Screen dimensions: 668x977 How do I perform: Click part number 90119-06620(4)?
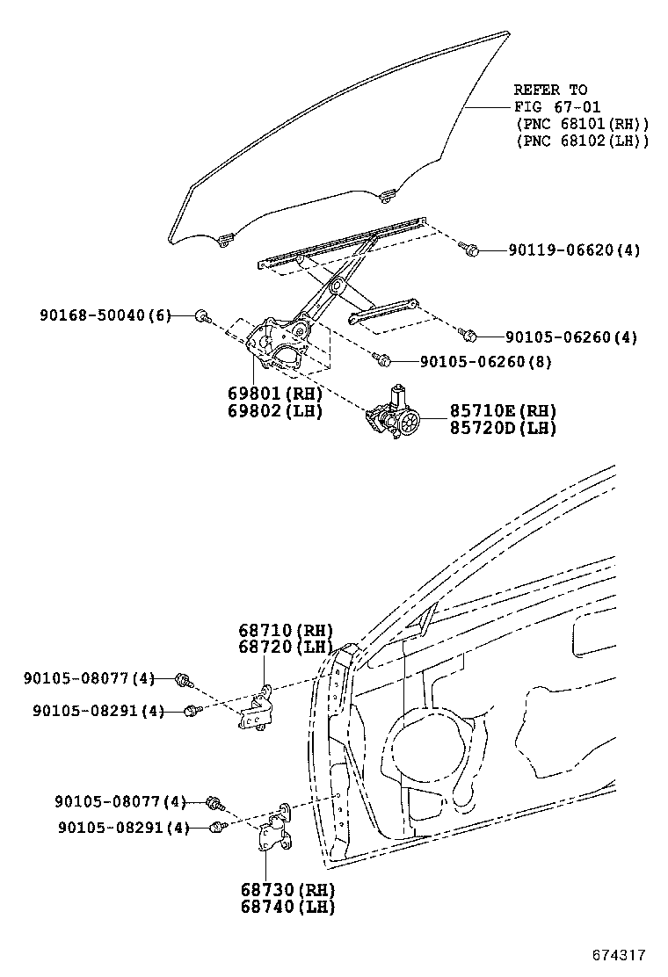coord(574,250)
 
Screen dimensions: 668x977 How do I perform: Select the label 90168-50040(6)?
coord(105,315)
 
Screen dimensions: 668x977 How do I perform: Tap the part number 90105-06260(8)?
coord(485,361)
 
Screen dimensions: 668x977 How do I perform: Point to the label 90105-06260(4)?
coord(570,337)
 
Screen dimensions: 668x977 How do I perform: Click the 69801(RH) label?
coord(275,394)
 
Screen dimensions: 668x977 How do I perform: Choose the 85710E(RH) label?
coord(503,411)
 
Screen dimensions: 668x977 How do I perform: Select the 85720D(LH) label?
coord(503,428)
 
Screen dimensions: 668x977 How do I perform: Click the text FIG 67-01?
coord(557,106)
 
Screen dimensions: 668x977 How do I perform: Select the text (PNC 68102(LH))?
coord(583,141)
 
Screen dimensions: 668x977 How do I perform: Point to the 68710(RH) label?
coord(286,631)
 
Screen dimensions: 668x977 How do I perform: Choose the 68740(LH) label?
coord(288,907)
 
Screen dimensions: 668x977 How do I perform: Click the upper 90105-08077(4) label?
coord(89,678)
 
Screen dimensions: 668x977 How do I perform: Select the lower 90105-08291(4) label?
coord(123,828)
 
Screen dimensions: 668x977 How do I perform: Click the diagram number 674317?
coord(619,955)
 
